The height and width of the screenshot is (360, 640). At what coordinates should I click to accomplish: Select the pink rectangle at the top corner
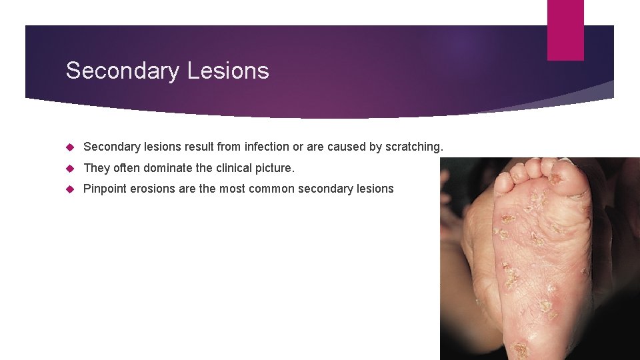tap(565, 29)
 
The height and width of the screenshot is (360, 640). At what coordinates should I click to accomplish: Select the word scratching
tap(414, 147)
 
